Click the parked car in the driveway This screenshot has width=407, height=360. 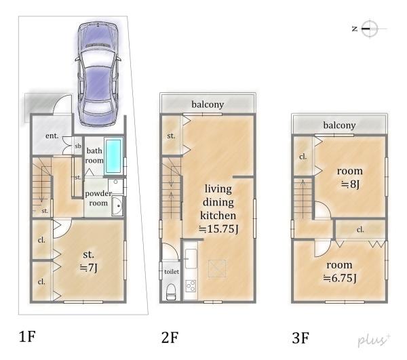(98, 74)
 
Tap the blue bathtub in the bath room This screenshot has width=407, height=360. (114, 156)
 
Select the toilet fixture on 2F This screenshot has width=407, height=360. (170, 292)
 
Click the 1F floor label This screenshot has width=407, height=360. (27, 336)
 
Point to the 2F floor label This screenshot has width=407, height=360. (170, 338)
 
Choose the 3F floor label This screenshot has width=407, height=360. (301, 338)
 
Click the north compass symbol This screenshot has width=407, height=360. (369, 28)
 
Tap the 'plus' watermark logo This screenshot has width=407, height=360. (374, 340)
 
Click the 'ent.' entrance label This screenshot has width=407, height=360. (52, 136)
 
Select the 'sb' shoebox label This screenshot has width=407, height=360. (78, 146)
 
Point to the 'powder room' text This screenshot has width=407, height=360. (98, 198)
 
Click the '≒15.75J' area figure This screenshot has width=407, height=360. (218, 229)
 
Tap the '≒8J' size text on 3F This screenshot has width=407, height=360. (350, 184)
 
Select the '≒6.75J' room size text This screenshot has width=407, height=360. (340, 278)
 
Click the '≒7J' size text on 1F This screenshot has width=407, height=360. (88, 267)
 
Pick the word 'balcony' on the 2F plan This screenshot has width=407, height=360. (208, 104)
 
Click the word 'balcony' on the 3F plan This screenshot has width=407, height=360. (339, 125)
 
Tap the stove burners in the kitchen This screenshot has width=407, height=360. (191, 286)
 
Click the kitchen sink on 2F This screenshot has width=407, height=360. (191, 258)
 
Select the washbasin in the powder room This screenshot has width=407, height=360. (117, 205)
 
